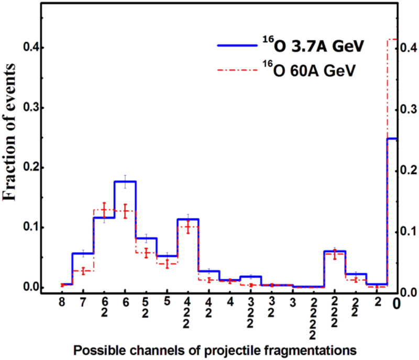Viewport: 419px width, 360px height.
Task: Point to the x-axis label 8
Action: point(62,302)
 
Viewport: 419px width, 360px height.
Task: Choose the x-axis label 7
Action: point(83,302)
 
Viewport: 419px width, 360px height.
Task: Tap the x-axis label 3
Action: point(292,302)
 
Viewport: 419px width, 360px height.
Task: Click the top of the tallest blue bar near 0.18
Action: point(125,181)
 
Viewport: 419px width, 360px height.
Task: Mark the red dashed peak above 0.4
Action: point(392,39)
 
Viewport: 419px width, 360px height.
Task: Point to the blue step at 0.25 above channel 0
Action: point(392,139)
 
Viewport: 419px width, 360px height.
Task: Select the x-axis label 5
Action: point(167,302)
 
